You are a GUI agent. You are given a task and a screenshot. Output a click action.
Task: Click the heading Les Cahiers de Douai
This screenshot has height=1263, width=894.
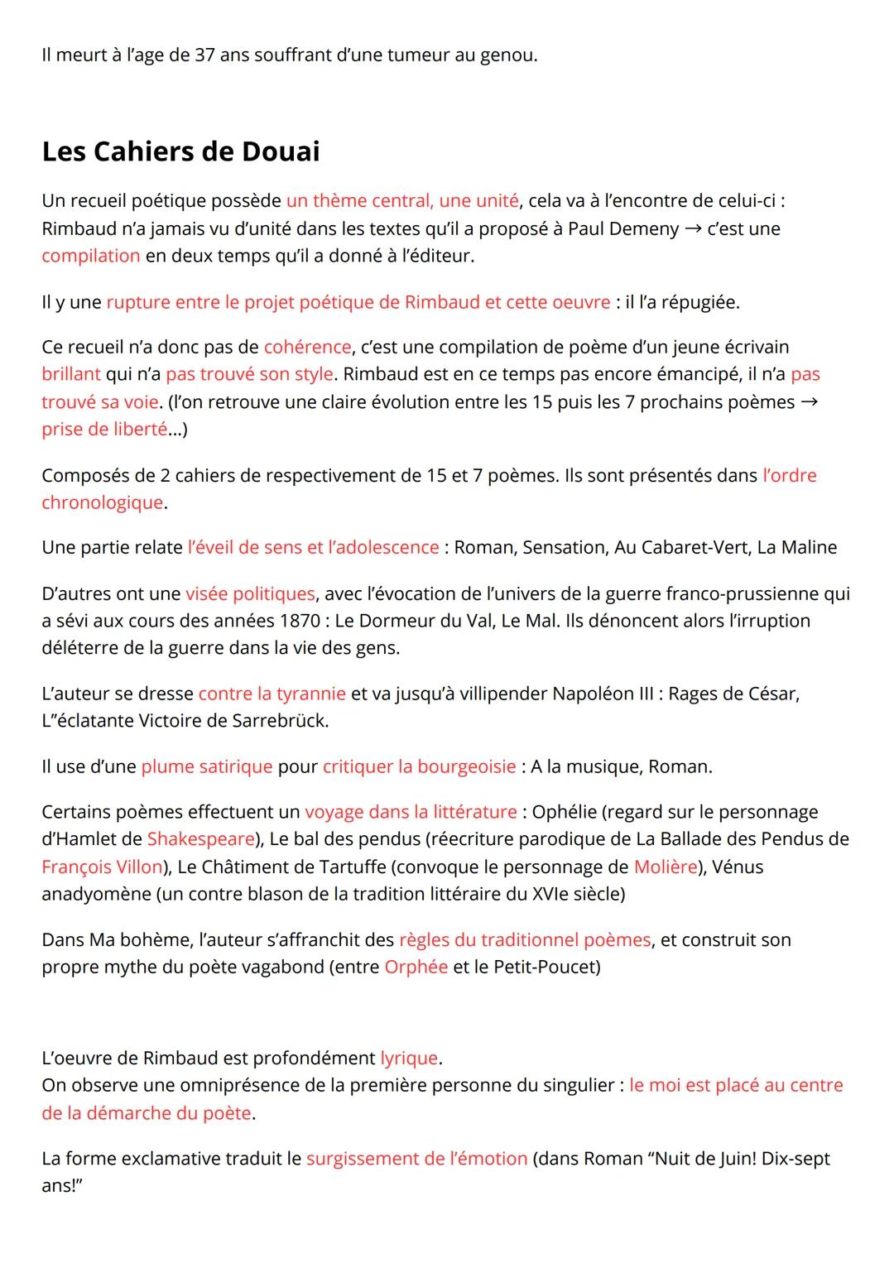click(180, 151)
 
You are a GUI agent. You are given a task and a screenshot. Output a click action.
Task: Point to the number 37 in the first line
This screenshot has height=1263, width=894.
click(205, 56)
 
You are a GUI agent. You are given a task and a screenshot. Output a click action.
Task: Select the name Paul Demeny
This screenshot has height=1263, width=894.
click(622, 228)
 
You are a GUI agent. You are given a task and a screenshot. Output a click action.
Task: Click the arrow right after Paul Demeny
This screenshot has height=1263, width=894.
click(693, 228)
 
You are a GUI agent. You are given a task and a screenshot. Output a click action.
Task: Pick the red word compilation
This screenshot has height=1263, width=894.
click(91, 256)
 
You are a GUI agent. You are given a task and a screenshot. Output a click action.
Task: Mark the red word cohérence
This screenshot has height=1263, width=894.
click(307, 347)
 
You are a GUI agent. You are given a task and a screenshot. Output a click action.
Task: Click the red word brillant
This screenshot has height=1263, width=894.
click(71, 374)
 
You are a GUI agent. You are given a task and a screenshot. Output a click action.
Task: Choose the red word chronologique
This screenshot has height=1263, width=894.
click(102, 502)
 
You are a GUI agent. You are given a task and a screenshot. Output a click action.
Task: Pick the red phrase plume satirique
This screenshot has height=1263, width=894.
click(206, 766)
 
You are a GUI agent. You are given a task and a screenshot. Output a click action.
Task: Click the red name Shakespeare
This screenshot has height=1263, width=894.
click(200, 839)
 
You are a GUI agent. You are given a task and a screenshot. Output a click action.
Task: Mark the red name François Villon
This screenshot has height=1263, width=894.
click(102, 867)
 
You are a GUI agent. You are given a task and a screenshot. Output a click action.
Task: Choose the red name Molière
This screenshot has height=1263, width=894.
click(665, 867)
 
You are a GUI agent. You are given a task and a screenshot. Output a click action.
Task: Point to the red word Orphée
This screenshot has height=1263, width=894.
click(416, 967)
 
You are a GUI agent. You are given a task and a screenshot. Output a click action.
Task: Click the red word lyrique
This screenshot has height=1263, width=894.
click(408, 1058)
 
